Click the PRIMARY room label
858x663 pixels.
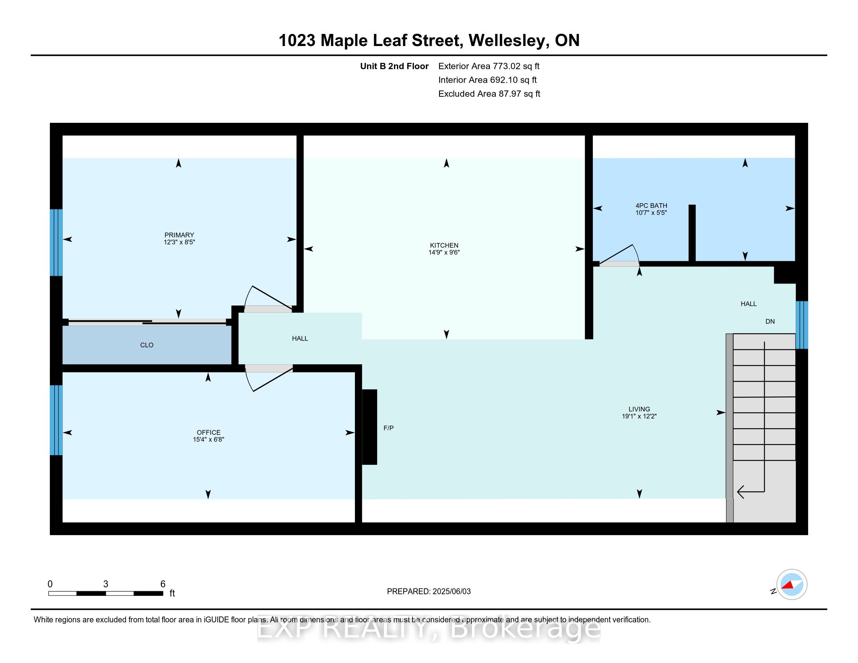click(179, 235)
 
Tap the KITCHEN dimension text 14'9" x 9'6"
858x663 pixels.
click(444, 253)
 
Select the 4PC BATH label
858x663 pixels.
click(651, 206)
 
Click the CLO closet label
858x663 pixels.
click(147, 345)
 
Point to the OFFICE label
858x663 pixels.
click(208, 432)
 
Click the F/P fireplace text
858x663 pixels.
click(388, 428)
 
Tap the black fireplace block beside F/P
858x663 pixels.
click(369, 427)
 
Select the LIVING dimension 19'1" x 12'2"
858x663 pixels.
click(639, 417)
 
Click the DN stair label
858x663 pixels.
click(769, 321)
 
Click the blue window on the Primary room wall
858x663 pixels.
click(56, 242)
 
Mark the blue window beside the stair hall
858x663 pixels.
click(801, 325)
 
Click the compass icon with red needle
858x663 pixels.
click(792, 585)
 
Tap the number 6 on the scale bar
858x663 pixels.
click(163, 584)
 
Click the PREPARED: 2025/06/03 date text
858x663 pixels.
click(429, 592)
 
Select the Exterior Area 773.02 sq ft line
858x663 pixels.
click(489, 66)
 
